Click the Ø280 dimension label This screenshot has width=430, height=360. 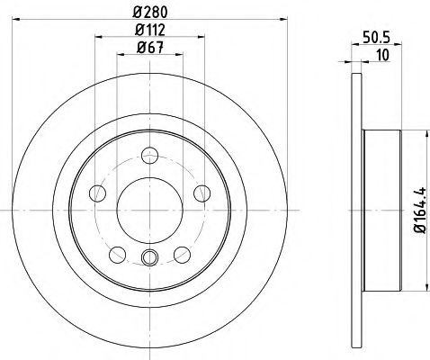pos(150,12)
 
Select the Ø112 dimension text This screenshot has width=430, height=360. pos(150,30)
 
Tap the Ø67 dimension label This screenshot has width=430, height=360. pos(150,48)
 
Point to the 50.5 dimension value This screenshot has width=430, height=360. pos(376,38)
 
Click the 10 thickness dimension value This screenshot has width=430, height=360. pos(382,55)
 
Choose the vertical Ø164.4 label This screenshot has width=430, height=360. pos(419,210)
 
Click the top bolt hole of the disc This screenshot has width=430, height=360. pos(149,156)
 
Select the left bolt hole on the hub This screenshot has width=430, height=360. pos(97,193)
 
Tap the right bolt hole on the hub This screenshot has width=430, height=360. pos(202,193)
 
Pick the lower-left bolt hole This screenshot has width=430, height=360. pos(118,255)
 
